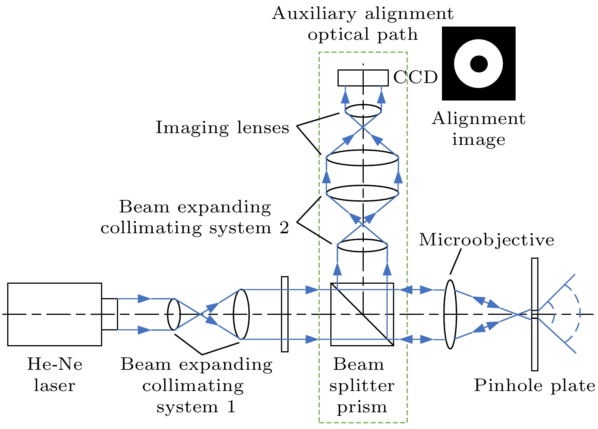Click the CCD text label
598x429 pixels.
click(415, 77)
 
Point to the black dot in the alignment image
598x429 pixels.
click(479, 64)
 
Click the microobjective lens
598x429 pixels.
click(450, 314)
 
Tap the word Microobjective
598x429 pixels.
click(486, 240)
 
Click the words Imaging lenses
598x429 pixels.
click(222, 128)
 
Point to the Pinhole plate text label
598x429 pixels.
click(535, 385)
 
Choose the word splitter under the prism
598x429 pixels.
click(362, 385)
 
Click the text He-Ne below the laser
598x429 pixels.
click(55, 364)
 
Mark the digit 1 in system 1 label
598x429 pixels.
click(231, 407)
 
